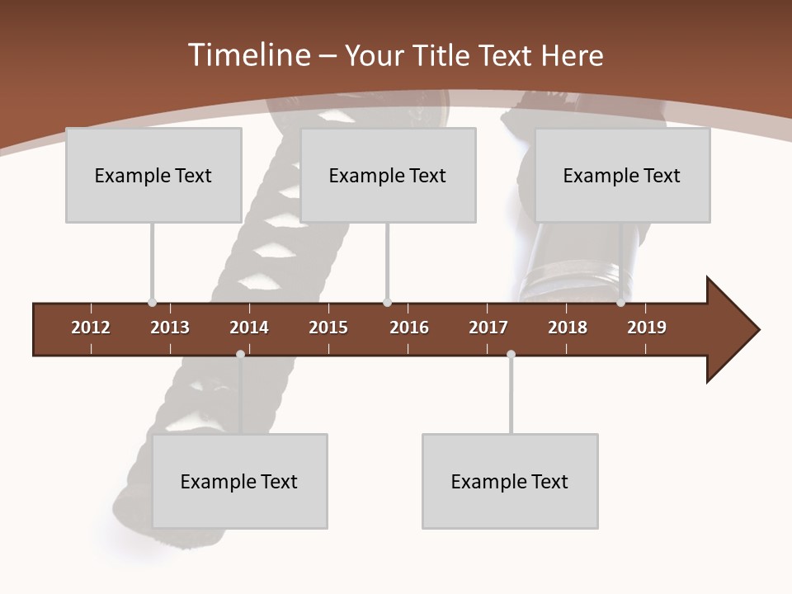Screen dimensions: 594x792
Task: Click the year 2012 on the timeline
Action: [x=91, y=328]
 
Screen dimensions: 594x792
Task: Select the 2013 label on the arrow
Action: [x=170, y=328]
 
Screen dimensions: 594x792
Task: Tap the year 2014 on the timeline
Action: [x=249, y=328]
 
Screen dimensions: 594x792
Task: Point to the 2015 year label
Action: [x=328, y=328]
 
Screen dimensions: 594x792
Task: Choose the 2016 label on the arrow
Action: [x=409, y=328]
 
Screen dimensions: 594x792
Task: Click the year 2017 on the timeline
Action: [x=488, y=328]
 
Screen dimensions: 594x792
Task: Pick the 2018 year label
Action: [x=568, y=328]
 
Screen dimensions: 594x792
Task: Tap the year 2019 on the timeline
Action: [x=647, y=328]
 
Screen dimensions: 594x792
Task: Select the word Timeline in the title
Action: [x=249, y=55]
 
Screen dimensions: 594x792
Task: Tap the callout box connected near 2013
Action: [x=153, y=175]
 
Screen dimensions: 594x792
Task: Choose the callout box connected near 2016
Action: [x=388, y=175]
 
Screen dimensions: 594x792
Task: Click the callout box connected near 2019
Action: [x=622, y=175]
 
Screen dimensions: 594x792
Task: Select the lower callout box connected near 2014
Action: [x=239, y=481]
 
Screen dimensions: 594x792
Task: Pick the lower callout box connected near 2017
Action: [x=510, y=481]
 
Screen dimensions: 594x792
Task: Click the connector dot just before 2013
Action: [x=152, y=303]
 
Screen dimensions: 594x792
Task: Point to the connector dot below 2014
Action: [x=240, y=354]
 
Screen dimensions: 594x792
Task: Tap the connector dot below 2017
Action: [x=511, y=354]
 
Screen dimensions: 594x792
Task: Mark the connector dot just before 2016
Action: [x=387, y=303]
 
